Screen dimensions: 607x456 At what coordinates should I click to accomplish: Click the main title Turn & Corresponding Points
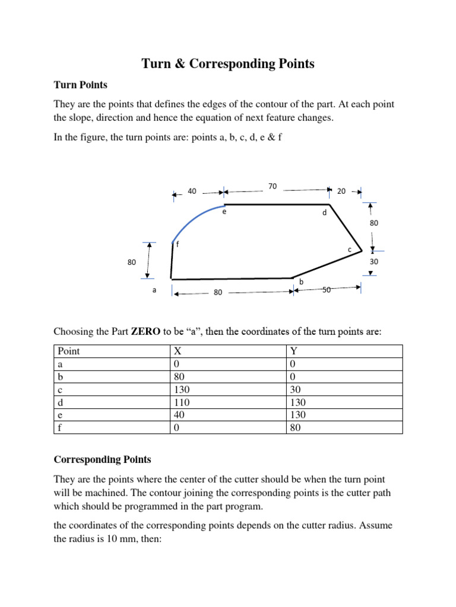[228, 64]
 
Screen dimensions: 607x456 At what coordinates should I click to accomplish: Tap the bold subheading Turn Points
[81, 85]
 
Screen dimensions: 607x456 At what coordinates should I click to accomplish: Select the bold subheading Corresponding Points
[103, 459]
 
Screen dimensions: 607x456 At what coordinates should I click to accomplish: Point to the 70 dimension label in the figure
[273, 186]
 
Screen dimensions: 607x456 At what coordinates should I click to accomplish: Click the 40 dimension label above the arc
[192, 191]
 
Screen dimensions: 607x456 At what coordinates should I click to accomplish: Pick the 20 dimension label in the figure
[341, 191]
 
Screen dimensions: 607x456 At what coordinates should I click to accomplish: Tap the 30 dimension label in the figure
[373, 261]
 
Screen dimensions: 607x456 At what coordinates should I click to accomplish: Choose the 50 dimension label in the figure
[327, 290]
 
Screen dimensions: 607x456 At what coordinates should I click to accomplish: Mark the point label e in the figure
[224, 212]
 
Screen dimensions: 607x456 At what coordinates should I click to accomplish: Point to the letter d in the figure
[324, 212]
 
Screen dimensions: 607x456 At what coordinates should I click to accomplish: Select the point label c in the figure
[350, 250]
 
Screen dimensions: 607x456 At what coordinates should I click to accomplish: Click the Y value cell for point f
[295, 427]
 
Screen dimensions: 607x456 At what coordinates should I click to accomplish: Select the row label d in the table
[60, 402]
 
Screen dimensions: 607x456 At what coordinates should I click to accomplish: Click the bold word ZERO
[144, 331]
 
